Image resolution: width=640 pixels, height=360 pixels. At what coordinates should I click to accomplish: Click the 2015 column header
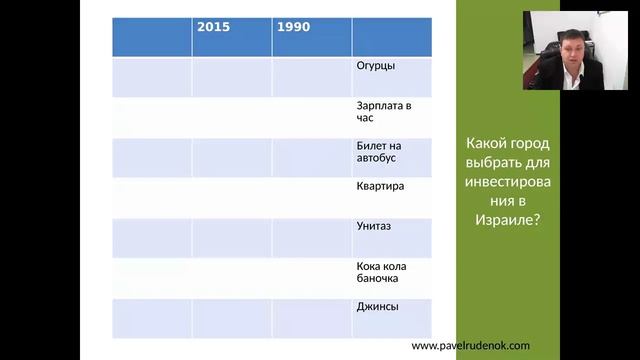(213, 27)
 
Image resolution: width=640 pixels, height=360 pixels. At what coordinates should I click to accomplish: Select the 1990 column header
(293, 27)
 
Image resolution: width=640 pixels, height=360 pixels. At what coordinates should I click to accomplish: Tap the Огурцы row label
(375, 66)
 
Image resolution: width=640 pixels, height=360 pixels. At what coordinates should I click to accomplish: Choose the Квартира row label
(380, 186)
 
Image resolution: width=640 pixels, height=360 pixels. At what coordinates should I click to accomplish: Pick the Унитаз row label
(373, 226)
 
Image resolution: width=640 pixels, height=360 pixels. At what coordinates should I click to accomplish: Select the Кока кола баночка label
(380, 272)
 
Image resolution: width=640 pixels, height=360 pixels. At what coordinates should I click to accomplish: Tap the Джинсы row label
(377, 306)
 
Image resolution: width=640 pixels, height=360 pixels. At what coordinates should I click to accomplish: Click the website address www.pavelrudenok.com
(470, 345)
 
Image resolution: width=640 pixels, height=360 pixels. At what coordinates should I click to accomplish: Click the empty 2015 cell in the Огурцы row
(231, 77)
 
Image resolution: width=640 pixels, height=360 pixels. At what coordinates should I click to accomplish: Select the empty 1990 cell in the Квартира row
(311, 198)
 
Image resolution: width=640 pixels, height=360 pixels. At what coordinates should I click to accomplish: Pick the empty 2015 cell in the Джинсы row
(231, 318)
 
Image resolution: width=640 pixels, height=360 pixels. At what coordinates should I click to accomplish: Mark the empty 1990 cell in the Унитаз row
(311, 238)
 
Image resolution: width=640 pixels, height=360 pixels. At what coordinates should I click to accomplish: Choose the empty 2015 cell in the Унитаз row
(231, 238)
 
